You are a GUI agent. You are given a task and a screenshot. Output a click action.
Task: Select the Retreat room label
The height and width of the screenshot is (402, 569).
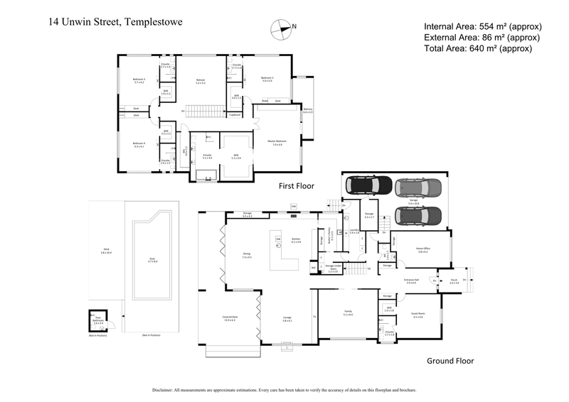coord(201,80)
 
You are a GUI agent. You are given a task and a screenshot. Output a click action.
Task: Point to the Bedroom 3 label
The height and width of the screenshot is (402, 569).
coord(139,80)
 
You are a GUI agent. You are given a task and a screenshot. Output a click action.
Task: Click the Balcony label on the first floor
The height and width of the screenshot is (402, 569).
coord(308,110)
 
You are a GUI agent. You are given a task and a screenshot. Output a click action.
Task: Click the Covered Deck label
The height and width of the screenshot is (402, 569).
coord(229,319)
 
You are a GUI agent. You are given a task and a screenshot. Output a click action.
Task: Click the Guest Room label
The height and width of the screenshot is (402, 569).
coord(418,315)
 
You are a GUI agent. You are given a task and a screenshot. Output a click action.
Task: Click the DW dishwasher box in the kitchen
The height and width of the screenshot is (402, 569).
coord(278,239)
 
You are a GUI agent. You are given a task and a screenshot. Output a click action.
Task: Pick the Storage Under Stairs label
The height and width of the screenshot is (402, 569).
coord(329,268)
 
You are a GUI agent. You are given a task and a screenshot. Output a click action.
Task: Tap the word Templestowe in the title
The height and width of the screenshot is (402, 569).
coord(154,22)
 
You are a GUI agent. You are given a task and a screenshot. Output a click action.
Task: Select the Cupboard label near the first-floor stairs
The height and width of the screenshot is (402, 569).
coord(235,114)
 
